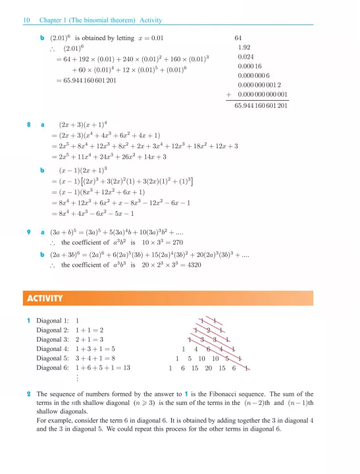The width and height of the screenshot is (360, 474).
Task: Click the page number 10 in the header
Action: point(26,20)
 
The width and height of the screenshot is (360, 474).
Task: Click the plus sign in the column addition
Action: point(228,94)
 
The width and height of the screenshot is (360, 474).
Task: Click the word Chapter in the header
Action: point(51,20)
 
